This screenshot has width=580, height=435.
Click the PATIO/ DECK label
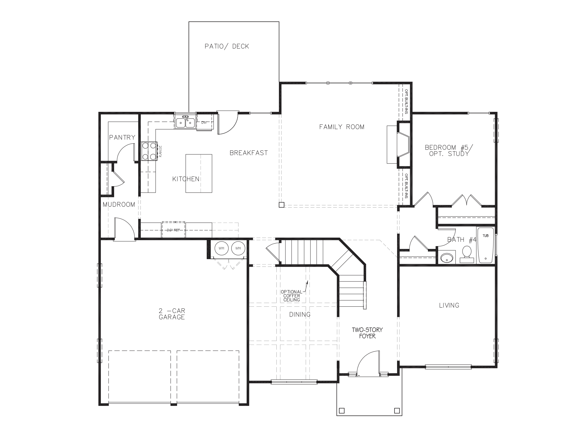[x=227, y=46]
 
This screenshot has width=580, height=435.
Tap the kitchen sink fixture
[x=185, y=122]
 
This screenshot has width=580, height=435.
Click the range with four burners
[x=149, y=151]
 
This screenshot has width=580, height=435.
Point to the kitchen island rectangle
[x=199, y=173]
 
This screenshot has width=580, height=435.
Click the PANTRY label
[x=122, y=137]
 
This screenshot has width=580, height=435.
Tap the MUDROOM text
[x=119, y=204]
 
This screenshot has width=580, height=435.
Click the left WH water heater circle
[x=221, y=248]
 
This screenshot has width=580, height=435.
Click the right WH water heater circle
[x=238, y=248]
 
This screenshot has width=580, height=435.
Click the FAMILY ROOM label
[x=342, y=127]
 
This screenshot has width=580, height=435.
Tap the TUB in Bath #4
[x=486, y=245]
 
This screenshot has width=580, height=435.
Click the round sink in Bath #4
[x=447, y=258]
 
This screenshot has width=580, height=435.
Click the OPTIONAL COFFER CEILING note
[x=291, y=296]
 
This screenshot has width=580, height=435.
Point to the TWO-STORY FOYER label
[x=367, y=333]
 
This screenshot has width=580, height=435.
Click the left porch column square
[x=342, y=410]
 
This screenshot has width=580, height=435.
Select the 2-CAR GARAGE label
[x=172, y=314]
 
